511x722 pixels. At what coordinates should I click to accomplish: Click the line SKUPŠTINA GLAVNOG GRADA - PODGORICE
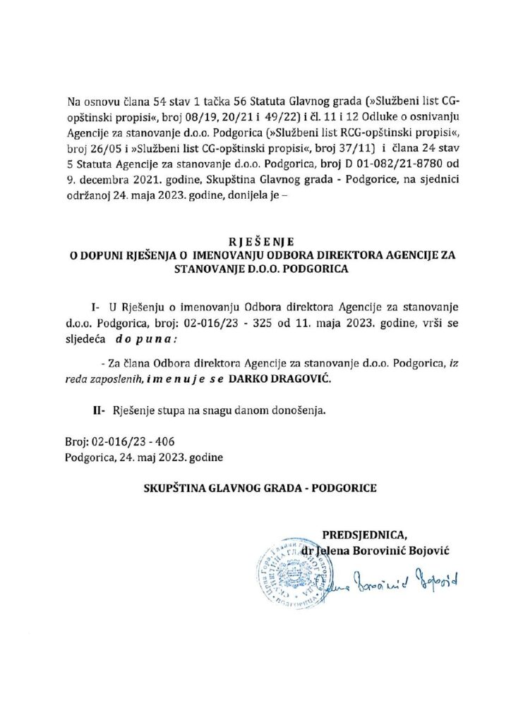tap(255, 488)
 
